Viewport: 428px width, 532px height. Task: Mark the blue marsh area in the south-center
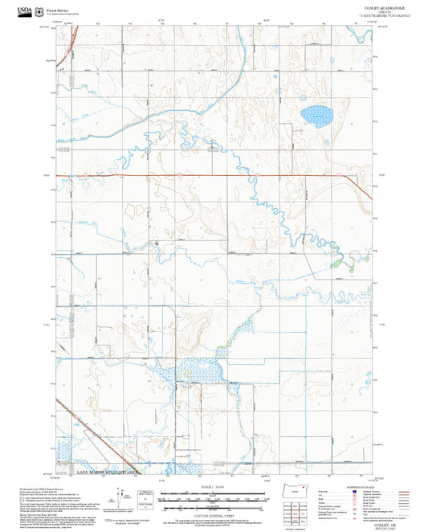pos(201,372)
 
